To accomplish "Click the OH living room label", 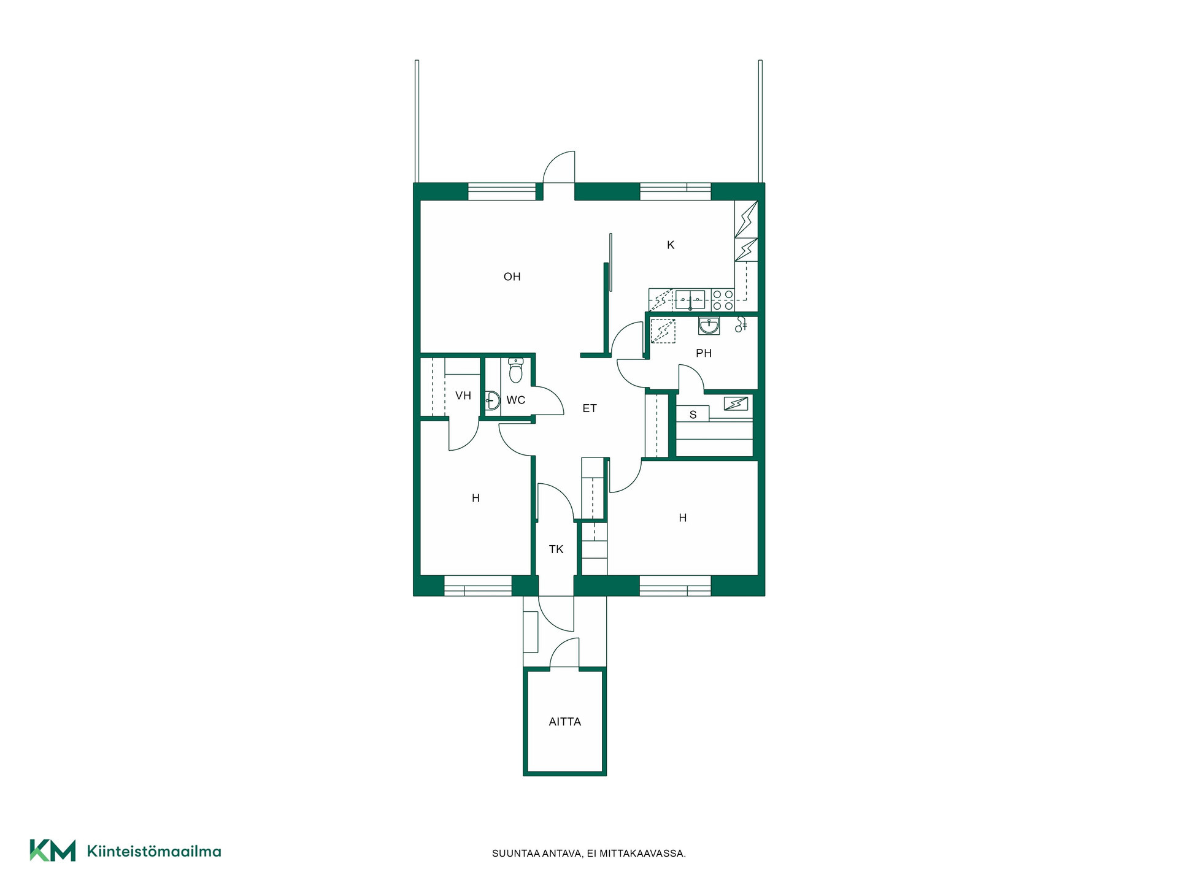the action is [x=512, y=277].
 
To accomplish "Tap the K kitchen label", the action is [x=671, y=245].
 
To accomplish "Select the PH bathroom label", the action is [x=704, y=353].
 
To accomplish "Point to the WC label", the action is [x=516, y=400].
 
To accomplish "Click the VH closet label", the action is [x=463, y=396].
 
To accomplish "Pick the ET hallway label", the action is [x=590, y=408].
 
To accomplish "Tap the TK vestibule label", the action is [x=556, y=549].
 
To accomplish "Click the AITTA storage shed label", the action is [x=565, y=722].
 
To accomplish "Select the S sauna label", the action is [x=693, y=415].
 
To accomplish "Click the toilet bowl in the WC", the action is [x=516, y=370].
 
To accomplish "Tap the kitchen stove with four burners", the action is [x=723, y=300].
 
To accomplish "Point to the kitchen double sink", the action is [x=691, y=300].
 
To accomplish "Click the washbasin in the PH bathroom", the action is [x=709, y=326].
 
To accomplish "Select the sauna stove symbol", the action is [x=736, y=403].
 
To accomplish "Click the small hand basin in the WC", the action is [x=493, y=400].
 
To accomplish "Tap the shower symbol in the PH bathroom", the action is [x=741, y=324].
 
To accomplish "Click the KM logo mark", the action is [x=53, y=851].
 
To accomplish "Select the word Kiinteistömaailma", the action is [x=154, y=851].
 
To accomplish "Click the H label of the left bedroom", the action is [x=475, y=499].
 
